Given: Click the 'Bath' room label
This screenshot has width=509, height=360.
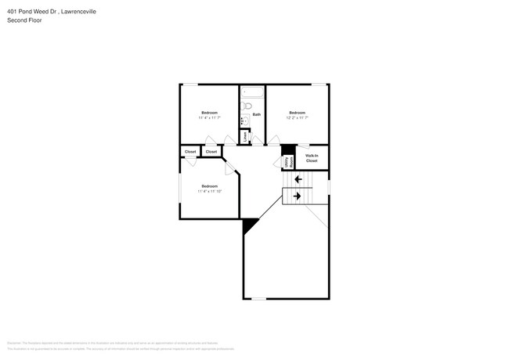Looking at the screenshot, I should click(x=256, y=114).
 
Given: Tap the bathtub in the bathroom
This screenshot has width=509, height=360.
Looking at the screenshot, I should click(x=252, y=91).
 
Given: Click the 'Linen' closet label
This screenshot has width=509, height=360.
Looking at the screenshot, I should click(x=246, y=136).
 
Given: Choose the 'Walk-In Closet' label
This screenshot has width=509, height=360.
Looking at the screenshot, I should click(x=312, y=158).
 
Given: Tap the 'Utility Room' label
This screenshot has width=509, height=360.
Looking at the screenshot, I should click(x=287, y=162).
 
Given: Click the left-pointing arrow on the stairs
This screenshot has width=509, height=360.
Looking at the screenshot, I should click(x=298, y=179).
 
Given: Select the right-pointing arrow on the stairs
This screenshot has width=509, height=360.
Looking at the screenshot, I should click(x=298, y=196).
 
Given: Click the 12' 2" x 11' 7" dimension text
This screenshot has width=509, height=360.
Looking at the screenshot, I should click(x=297, y=118).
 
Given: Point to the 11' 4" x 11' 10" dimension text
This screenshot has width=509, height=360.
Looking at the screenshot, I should click(x=209, y=191).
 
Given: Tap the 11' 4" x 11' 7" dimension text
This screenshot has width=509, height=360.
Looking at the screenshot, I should click(x=209, y=118).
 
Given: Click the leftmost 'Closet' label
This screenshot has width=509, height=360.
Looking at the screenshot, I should click(x=190, y=151).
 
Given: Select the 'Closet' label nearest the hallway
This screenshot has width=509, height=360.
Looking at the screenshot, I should click(x=211, y=151).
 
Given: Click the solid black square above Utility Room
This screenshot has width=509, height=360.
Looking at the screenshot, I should click(x=288, y=149).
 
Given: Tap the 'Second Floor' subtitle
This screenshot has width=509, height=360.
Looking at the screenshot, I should click(x=26, y=20).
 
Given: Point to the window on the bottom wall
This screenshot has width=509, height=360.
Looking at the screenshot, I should click(x=258, y=298).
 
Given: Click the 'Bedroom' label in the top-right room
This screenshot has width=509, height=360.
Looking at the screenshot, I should click(x=297, y=113).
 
